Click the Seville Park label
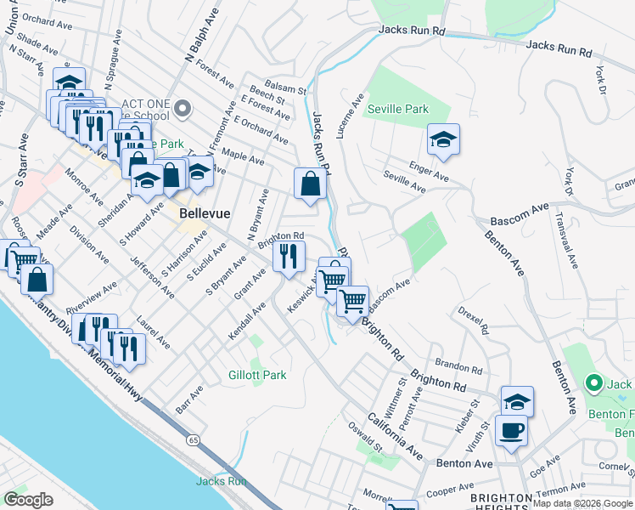click(397, 109)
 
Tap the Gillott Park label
click(257, 375)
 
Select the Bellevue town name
click(201, 215)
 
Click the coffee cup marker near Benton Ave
click(511, 430)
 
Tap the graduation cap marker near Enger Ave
click(442, 139)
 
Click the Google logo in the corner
click(29, 500)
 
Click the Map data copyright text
click(582, 503)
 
